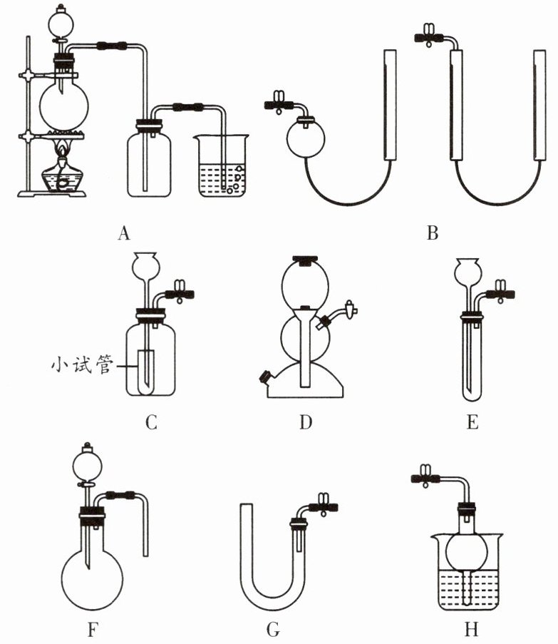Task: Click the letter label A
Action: (125, 232)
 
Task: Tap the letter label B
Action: (431, 232)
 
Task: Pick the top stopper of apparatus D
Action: (306, 260)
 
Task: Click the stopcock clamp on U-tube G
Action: (324, 508)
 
